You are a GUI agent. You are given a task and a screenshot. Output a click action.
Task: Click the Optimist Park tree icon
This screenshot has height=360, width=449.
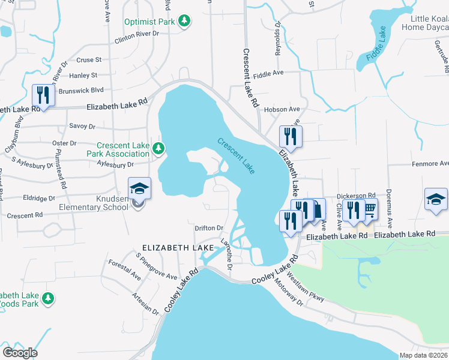[186, 22]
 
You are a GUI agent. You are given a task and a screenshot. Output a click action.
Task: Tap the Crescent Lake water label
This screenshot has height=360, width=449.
[236, 156]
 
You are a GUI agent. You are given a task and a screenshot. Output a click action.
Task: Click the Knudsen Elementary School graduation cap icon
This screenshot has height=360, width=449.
[139, 188]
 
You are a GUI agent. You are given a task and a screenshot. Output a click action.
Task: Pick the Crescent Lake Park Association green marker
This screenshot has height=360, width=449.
[158, 148]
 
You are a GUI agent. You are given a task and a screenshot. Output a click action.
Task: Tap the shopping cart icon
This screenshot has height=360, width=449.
[369, 209]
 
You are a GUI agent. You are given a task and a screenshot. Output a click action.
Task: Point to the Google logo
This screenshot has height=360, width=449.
[19, 352]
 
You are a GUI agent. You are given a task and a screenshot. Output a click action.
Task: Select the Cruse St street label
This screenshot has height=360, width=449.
[89, 60]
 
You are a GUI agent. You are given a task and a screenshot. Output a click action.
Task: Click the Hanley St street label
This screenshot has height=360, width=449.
[83, 76]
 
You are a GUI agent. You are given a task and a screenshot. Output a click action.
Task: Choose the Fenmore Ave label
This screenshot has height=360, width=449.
[430, 163]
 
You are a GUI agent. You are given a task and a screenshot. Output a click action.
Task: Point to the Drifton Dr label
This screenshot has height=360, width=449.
[209, 228]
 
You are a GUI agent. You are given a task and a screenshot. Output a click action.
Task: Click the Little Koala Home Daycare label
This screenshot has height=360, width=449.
[425, 23]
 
